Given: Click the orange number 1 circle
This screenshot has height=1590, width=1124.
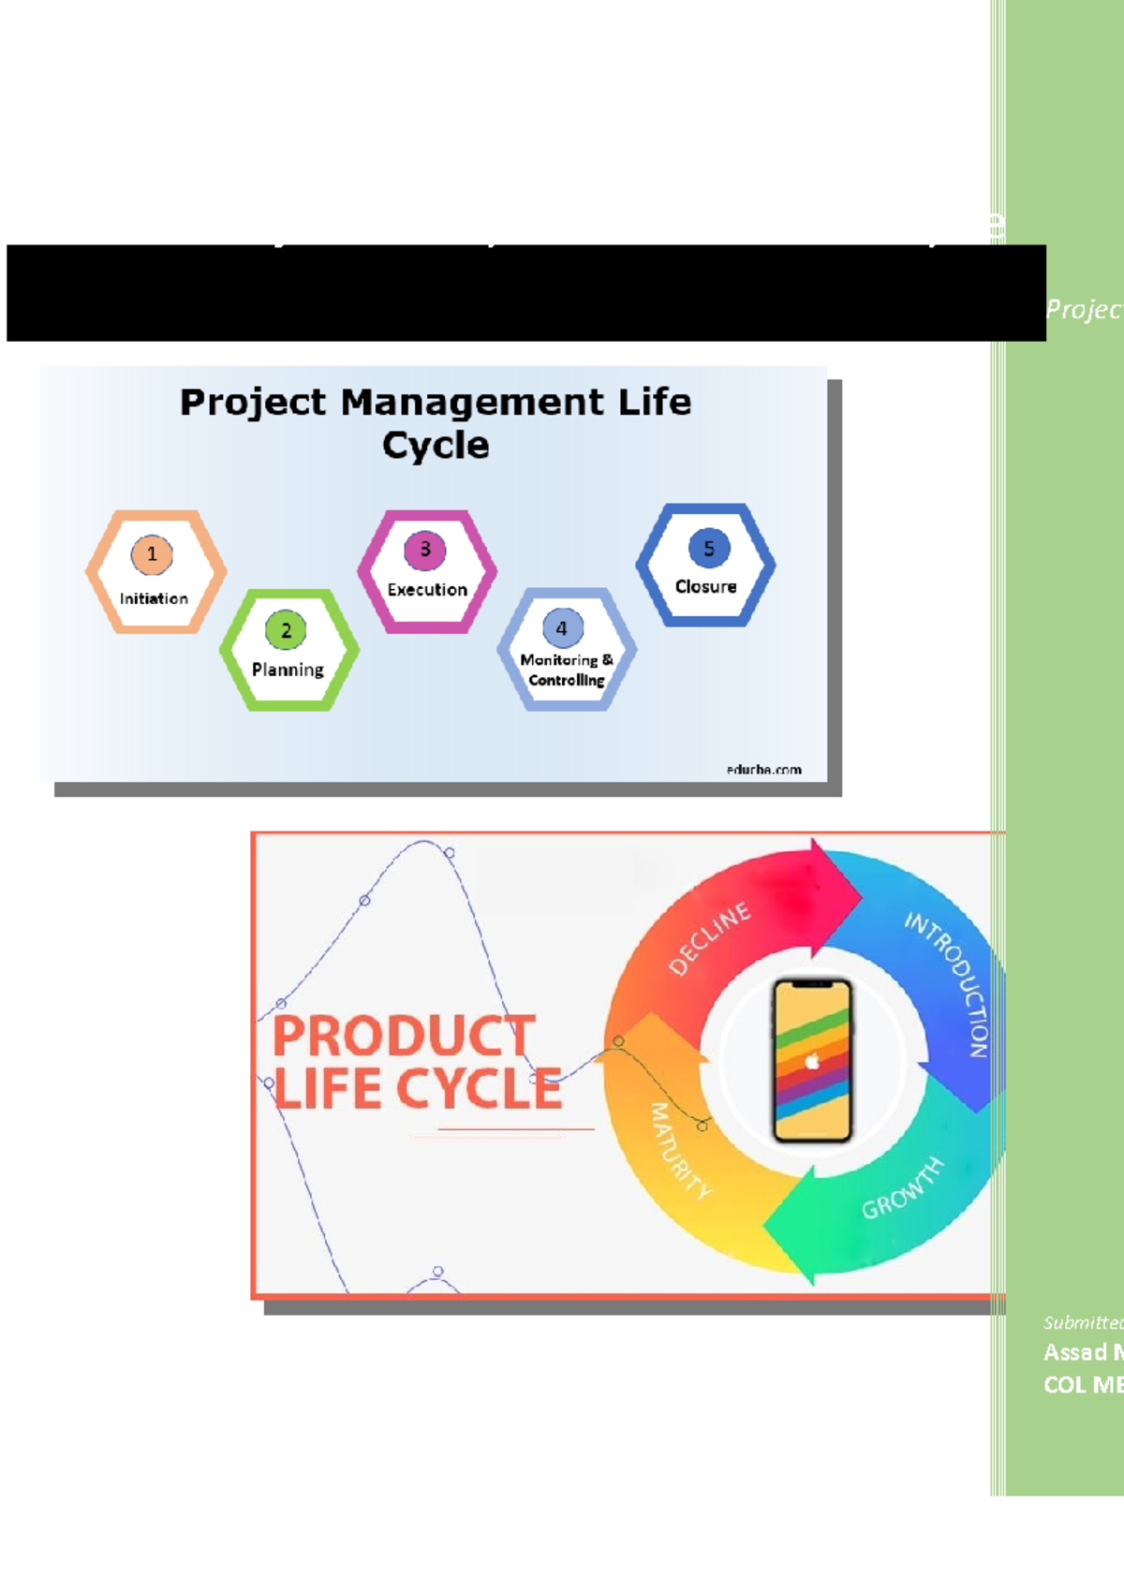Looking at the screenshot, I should (152, 554).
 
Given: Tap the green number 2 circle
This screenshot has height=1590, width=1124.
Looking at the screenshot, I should (286, 631).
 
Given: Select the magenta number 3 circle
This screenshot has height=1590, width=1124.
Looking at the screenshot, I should (425, 550).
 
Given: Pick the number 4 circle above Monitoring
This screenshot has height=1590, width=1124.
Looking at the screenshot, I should (562, 628).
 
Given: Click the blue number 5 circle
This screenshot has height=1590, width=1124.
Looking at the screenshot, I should (709, 549).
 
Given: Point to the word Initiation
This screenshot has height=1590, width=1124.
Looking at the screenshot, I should (154, 598).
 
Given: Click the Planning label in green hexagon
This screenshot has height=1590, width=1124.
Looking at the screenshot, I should (288, 670).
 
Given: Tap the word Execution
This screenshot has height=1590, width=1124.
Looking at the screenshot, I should (427, 590).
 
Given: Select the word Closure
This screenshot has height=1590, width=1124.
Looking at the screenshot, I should (706, 587).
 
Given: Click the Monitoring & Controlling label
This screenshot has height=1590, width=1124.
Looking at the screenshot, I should (567, 670).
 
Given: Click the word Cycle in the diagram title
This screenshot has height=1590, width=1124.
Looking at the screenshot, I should (436, 446).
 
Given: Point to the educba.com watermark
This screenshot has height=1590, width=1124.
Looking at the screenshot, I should (763, 770).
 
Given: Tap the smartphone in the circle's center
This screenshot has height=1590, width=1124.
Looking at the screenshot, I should (812, 1061).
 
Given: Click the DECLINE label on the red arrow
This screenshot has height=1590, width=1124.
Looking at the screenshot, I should (710, 938).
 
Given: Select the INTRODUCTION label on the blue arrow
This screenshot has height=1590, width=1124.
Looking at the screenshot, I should (948, 983).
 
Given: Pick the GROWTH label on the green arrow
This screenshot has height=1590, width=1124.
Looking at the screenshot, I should (902, 1188).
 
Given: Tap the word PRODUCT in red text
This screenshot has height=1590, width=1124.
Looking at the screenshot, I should (404, 1036).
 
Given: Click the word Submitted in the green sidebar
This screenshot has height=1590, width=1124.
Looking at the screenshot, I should (1082, 1322).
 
